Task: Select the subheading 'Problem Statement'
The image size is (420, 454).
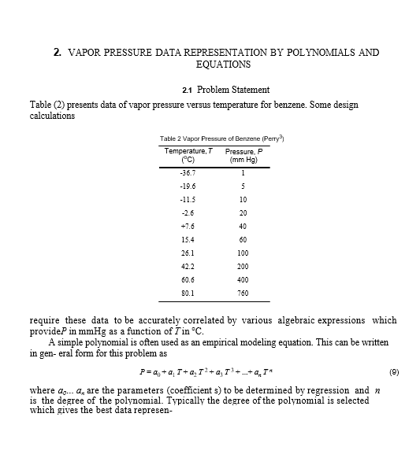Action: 233,89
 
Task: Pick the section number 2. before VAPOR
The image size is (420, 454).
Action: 58,53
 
